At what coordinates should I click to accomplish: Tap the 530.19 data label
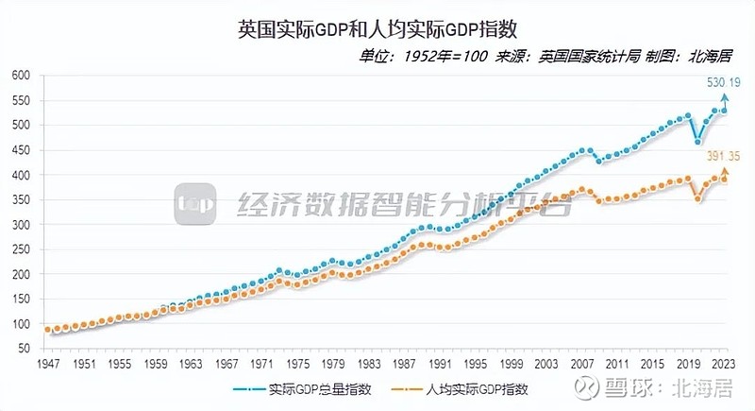[725, 83]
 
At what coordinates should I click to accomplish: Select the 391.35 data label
[724, 157]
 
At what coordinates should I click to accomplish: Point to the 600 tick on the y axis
[21, 75]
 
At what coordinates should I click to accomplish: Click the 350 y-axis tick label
[21, 200]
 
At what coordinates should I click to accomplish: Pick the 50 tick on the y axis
[24, 350]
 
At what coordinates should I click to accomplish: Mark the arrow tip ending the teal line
[725, 95]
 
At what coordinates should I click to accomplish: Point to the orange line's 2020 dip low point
[697, 198]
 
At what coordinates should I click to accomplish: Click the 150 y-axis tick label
[21, 300]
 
